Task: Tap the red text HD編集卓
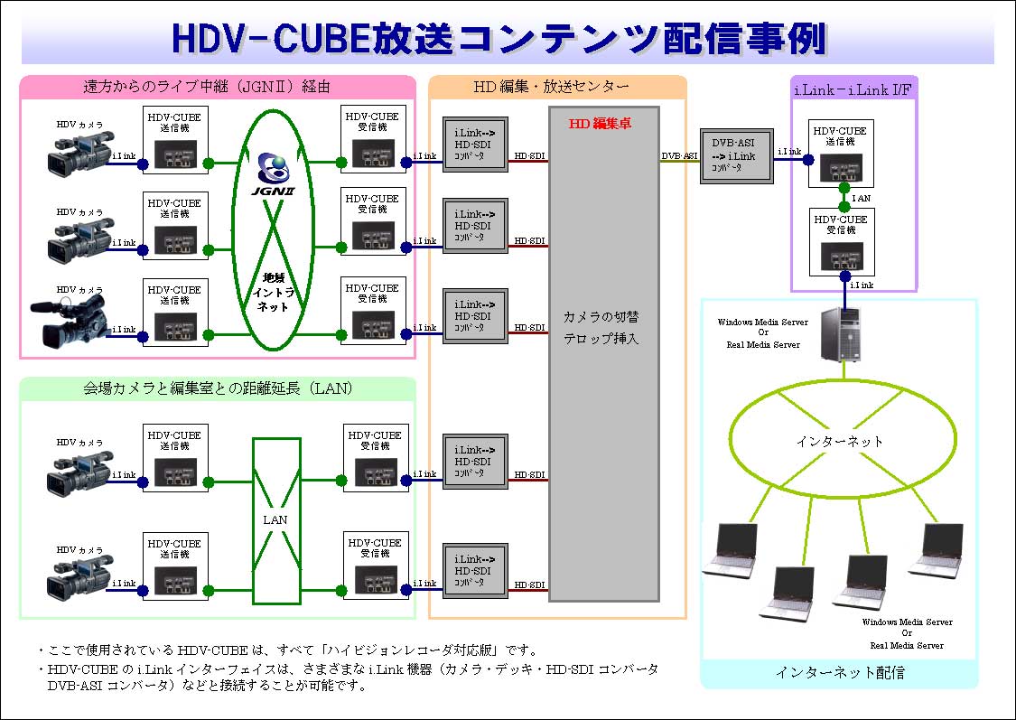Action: pyautogui.click(x=599, y=124)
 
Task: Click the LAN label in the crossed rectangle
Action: pyautogui.click(x=275, y=519)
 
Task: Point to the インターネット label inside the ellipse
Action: pyautogui.click(x=840, y=441)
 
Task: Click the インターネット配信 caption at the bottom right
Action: pyautogui.click(x=839, y=672)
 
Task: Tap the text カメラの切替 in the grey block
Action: pyautogui.click(x=602, y=317)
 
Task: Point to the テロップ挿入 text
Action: pyautogui.click(x=602, y=339)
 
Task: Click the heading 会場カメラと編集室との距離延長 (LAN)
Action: pyautogui.click(x=217, y=389)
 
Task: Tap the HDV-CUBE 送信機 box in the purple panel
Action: pyautogui.click(x=840, y=154)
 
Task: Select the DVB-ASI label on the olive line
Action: pyautogui.click(x=679, y=155)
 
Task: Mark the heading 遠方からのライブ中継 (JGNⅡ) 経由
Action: pyautogui.click(x=207, y=87)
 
